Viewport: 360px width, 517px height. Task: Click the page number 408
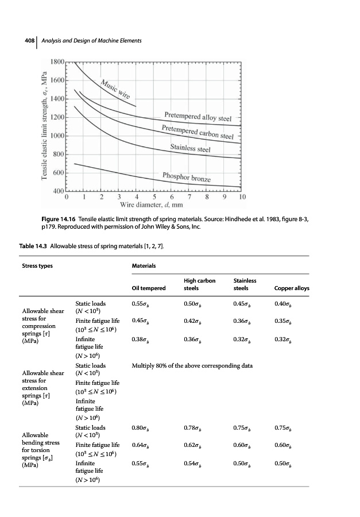tap(26, 40)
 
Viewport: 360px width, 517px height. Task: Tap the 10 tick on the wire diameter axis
tap(242, 196)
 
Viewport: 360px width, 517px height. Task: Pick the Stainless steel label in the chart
tap(191, 149)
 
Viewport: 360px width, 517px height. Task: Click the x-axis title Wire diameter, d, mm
tap(151, 205)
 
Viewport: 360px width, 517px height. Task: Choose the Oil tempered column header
tap(148, 288)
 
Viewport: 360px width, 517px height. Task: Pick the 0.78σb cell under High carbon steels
tap(193, 428)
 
